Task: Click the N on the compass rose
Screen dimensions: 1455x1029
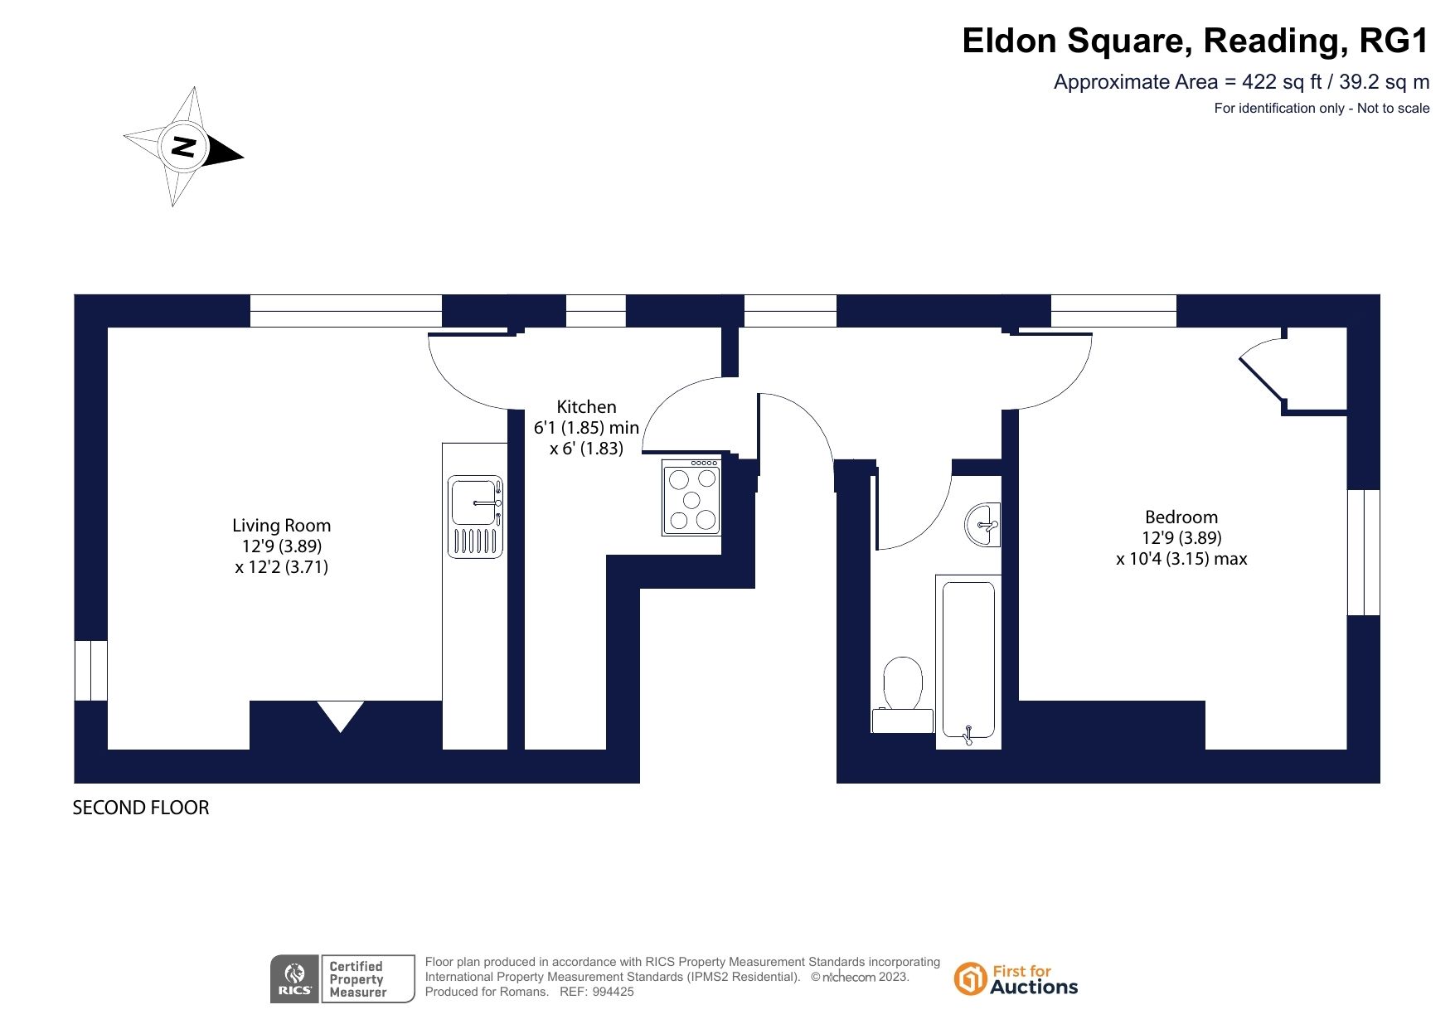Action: [x=183, y=147]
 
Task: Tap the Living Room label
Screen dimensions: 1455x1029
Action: [x=281, y=525]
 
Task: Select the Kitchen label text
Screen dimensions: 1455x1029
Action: [x=586, y=406]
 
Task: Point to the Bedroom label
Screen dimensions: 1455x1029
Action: [x=1181, y=517]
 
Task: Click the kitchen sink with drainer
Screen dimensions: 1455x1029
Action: [x=475, y=516]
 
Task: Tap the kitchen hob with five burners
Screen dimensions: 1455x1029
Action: [x=691, y=497]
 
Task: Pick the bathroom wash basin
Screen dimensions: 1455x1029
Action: [x=983, y=524]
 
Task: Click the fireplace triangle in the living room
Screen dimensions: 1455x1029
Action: [x=340, y=714]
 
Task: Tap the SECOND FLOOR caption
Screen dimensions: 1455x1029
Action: [x=141, y=808]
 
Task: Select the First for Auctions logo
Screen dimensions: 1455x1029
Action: [x=1016, y=978]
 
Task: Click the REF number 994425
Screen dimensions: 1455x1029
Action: [x=613, y=992]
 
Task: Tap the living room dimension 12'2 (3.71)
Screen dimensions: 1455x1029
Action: [x=282, y=567]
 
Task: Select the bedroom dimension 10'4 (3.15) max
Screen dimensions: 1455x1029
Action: [x=1181, y=559]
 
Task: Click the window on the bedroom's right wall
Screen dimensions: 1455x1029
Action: [x=1363, y=552]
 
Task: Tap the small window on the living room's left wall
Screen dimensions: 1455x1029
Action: [x=91, y=671]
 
